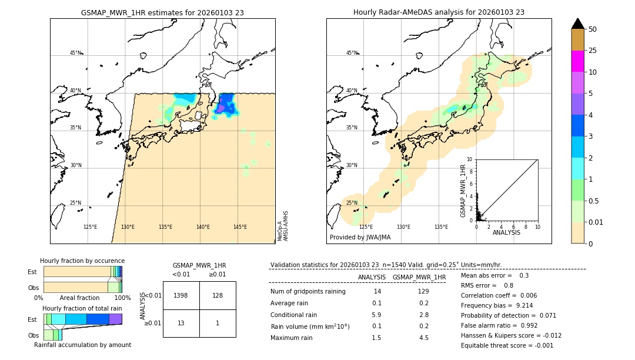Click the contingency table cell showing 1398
pos(181,295)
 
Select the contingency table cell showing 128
pos(218,295)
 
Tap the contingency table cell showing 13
pos(181,323)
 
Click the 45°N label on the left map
pos(75,53)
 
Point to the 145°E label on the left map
pos(240,227)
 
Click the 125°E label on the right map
pos(366,227)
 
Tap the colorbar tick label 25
pos(593,51)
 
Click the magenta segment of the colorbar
pos(578,61)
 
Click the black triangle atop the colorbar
pos(578,24)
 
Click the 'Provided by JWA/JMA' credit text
pos(360,237)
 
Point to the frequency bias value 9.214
pos(517,306)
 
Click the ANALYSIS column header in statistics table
pos(372,277)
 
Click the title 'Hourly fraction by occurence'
pos(82,261)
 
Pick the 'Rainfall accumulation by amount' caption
pos(82,345)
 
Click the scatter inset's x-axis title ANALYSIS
pos(506,232)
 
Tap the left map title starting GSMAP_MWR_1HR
pos(162,12)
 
